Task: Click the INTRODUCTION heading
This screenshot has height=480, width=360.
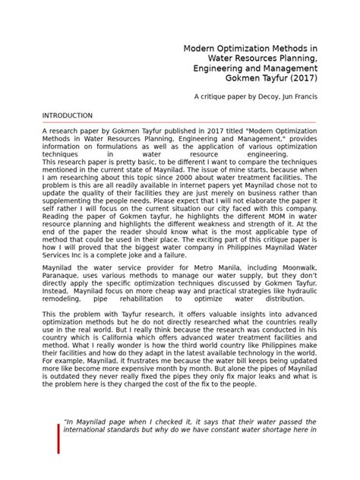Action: point(67,115)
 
